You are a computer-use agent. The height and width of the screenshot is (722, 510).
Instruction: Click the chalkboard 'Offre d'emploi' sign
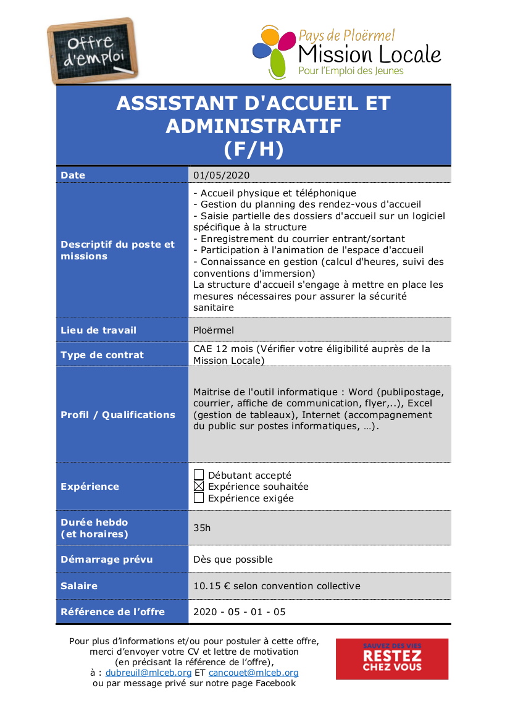pos(93,51)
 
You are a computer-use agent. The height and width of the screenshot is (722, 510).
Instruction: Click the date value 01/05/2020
pos(221,175)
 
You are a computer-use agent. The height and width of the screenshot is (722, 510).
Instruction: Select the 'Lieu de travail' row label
pos(98,330)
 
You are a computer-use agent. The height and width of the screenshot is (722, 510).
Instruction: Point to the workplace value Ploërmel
pos(214,330)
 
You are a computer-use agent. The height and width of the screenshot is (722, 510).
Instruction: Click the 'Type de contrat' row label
pos(102,355)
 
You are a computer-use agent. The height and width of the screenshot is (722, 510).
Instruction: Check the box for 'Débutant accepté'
pos(199,475)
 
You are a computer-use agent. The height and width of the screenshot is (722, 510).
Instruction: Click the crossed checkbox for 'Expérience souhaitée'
pos(199,487)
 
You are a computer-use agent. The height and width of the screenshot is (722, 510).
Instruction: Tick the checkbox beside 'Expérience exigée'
pos(199,498)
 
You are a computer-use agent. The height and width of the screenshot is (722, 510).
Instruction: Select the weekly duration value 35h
pos(202,528)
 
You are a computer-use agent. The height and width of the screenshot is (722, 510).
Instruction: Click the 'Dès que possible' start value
pos(233,560)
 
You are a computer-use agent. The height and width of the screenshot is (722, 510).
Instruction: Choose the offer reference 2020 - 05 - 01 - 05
pos(240,612)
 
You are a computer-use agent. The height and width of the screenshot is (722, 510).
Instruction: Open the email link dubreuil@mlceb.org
pos(148,673)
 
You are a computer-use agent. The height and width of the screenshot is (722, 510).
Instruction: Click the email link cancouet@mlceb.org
pos(253,673)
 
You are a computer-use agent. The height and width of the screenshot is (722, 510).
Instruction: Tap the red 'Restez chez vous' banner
pos(391,659)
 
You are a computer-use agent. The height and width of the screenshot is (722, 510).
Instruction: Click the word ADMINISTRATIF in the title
pos(253,126)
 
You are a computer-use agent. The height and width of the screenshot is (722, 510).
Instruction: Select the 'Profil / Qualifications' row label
pos(118,415)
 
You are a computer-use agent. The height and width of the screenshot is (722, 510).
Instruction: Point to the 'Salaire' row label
pos(79,586)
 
